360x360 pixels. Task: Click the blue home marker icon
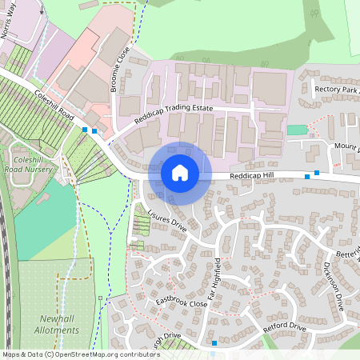click(180, 172)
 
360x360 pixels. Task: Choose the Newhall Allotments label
click(58, 323)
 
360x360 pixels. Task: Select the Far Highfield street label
click(214, 279)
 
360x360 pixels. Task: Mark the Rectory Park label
click(336, 89)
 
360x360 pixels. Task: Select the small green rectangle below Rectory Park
click(296, 130)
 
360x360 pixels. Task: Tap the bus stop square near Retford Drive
click(214, 343)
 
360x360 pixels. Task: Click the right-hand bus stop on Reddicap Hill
click(317, 172)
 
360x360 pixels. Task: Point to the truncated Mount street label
click(347, 148)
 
